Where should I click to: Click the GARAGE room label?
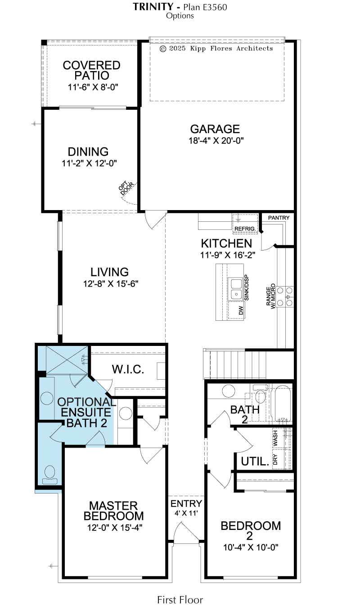(x=215, y=129)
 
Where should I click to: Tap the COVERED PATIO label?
(x=91, y=70)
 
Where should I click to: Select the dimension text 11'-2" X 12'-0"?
(x=89, y=163)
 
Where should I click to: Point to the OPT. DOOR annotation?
(x=126, y=188)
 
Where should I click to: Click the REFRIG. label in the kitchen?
(x=245, y=229)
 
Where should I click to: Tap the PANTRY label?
(x=279, y=218)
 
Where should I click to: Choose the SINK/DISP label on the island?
(x=247, y=287)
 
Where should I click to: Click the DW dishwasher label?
(x=241, y=310)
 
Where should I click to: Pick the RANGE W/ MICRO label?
(x=271, y=296)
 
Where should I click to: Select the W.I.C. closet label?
(x=128, y=369)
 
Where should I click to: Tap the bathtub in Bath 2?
(x=283, y=404)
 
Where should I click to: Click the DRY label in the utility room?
(x=275, y=459)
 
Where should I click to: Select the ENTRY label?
(x=186, y=503)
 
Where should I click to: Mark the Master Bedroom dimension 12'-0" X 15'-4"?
(x=115, y=528)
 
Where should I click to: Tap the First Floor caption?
(x=180, y=600)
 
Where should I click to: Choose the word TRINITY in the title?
(x=153, y=7)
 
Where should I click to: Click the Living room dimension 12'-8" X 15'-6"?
(x=111, y=284)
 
